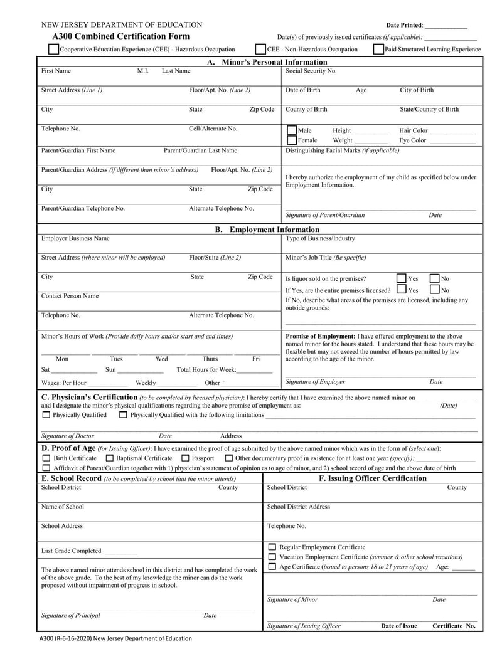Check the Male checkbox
[292, 131]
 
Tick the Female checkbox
[292, 140]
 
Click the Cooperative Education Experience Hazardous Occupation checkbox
[54, 49]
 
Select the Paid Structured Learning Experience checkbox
[378, 49]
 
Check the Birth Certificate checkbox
[46, 458]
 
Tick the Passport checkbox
[185, 458]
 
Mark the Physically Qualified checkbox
[46, 414]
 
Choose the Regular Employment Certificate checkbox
[272, 547]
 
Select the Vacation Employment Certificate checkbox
[272, 557]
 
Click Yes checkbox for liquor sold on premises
[402, 278]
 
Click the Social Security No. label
[311, 71]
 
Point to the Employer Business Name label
[75, 238]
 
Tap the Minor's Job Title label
[326, 257]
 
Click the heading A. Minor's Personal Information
[267, 62]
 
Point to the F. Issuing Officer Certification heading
[373, 478]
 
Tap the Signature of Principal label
[70, 615]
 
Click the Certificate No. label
[454, 626]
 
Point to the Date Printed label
[404, 25]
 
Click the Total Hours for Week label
[206, 370]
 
